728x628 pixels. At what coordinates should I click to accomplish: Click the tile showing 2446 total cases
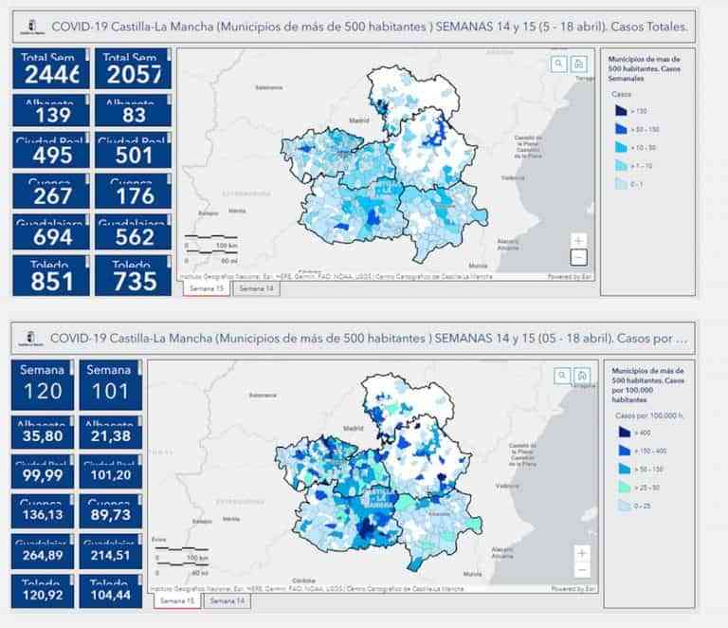52,68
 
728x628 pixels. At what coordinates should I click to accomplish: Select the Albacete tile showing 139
52,110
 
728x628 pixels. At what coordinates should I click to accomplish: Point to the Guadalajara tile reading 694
52,232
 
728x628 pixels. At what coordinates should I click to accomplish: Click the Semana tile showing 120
43,384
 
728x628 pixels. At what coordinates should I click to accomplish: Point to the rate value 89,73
111,512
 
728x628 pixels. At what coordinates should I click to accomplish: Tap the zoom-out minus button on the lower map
582,570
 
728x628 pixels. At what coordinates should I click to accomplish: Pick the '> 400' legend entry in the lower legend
622,432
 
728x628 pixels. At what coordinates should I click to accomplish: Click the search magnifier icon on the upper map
559,64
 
